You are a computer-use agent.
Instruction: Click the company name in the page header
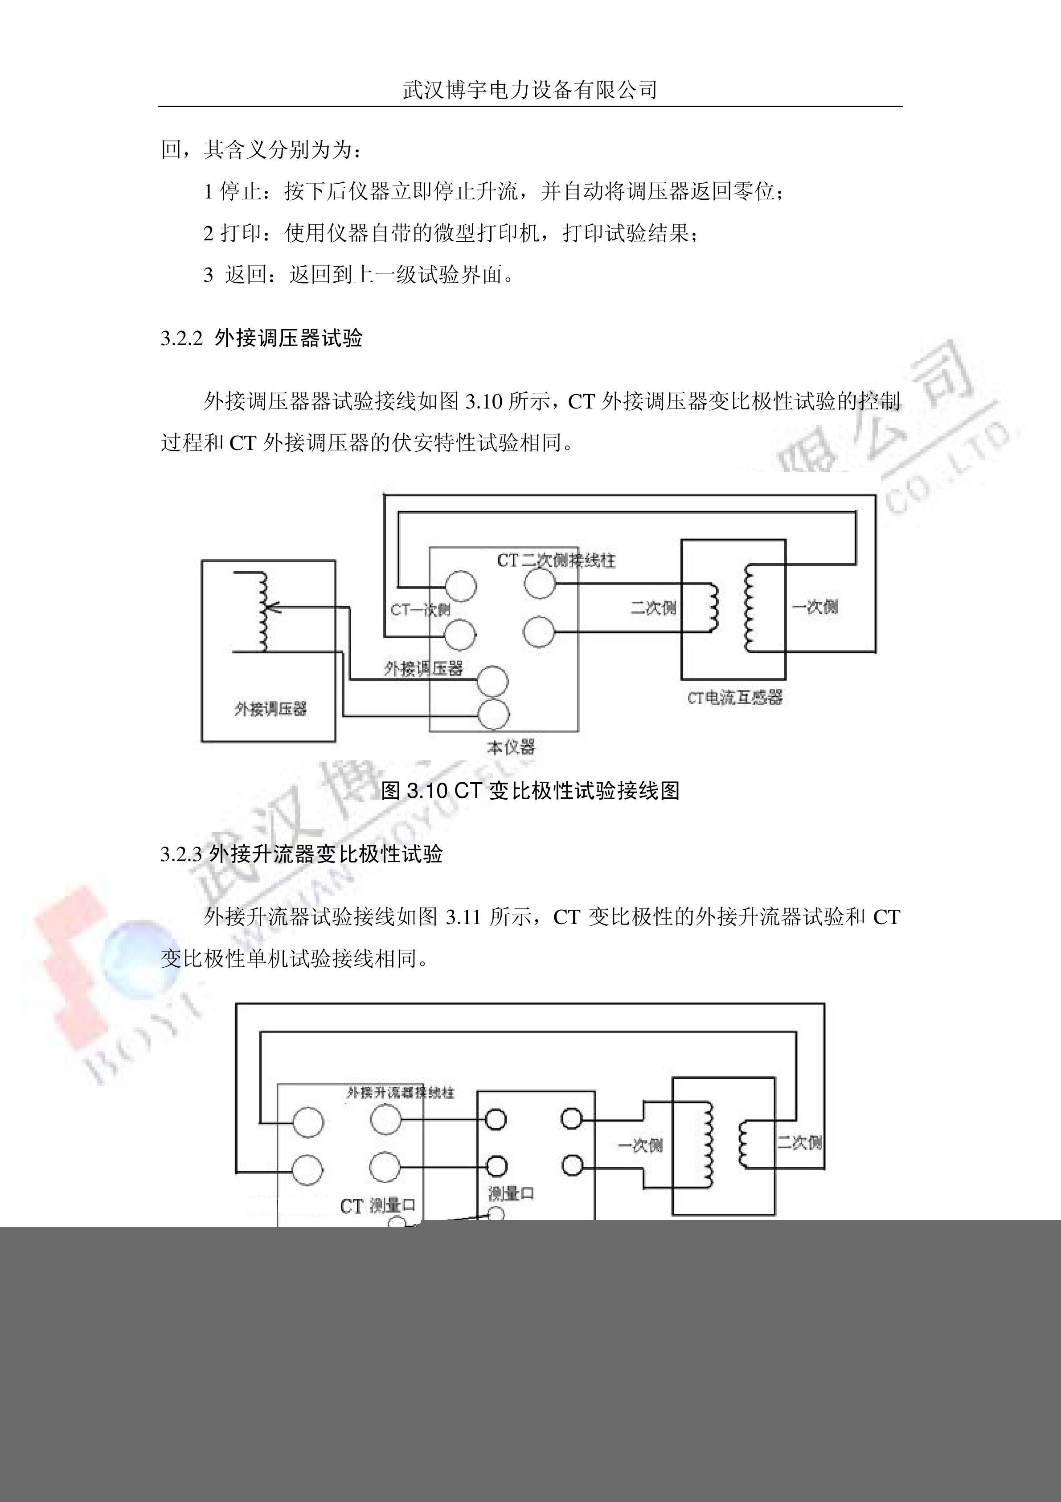pyautogui.click(x=529, y=90)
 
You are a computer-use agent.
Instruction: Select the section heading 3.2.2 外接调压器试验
pyautogui.click(x=262, y=338)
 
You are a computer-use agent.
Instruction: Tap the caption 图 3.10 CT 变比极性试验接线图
pyautogui.click(x=530, y=790)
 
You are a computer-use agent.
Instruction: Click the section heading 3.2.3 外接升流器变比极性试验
pyautogui.click(x=301, y=854)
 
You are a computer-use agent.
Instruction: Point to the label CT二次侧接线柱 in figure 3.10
pyautogui.click(x=556, y=561)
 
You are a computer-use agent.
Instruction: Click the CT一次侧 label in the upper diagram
pyautogui.click(x=420, y=610)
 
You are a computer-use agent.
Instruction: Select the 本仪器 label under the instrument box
pyautogui.click(x=511, y=747)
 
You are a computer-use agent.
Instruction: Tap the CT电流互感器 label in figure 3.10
pyautogui.click(x=734, y=697)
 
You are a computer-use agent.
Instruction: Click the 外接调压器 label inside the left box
pyautogui.click(x=270, y=709)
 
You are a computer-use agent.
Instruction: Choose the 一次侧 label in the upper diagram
pyautogui.click(x=815, y=607)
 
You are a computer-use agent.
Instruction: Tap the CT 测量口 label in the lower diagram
pyautogui.click(x=378, y=1205)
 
